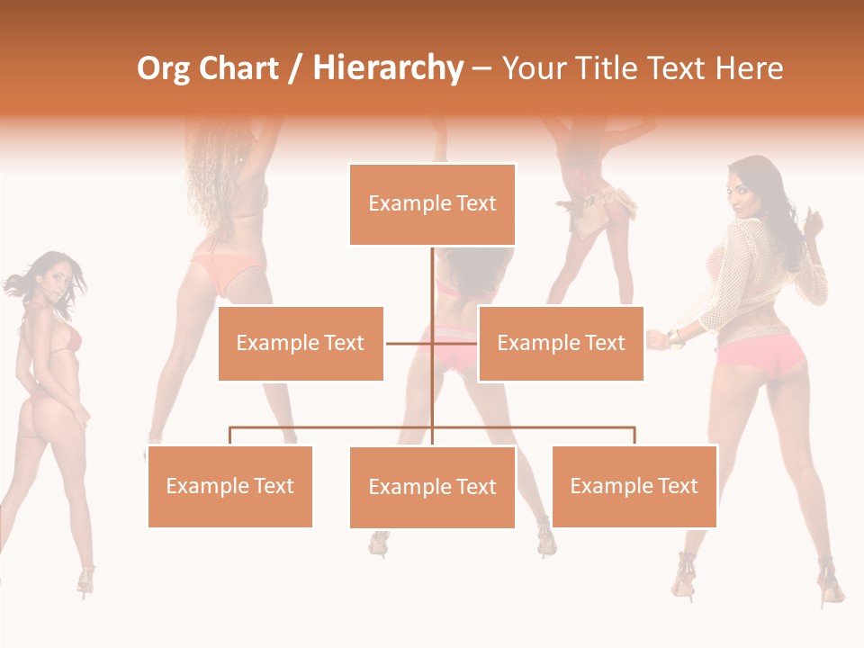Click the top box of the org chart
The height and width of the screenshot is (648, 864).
[x=432, y=204]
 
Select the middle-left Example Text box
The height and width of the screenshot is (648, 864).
[x=301, y=343]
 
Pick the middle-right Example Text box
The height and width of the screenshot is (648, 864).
[x=561, y=343]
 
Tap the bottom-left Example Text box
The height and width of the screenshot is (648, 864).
[x=229, y=486]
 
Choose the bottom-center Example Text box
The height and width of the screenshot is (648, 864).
[x=432, y=487]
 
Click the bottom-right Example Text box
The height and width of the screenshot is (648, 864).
[x=634, y=486]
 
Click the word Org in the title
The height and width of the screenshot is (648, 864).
[x=163, y=68]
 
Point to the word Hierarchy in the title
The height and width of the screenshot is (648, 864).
[x=388, y=68]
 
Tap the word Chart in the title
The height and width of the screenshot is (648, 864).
[x=238, y=68]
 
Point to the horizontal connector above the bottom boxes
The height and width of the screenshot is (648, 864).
[x=333, y=428]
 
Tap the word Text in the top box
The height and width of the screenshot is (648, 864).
[x=475, y=203]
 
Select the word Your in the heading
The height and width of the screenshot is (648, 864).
[x=536, y=68]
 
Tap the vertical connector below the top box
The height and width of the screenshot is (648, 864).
[x=432, y=279]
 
